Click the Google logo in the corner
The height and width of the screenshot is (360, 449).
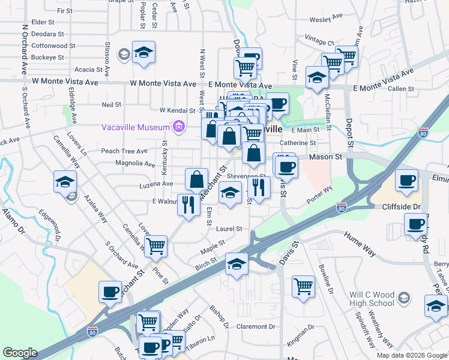pyautogui.click(x=20, y=353)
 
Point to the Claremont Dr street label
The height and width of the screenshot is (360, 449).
pyautogui.click(x=255, y=327)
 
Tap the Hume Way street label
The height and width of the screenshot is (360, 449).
pyautogui.click(x=360, y=244)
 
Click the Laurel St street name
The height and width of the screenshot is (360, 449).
pyautogui.click(x=229, y=229)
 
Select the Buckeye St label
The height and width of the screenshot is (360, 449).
pyautogui.click(x=48, y=57)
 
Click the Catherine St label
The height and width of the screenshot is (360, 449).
pyautogui.click(x=298, y=143)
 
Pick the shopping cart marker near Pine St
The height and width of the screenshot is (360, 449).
pyautogui.click(x=155, y=245)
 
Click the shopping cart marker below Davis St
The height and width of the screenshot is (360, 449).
pyautogui.click(x=304, y=286)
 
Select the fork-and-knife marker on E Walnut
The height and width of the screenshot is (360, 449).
pyautogui.click(x=188, y=205)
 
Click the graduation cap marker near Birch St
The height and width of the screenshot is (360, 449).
pyautogui.click(x=237, y=264)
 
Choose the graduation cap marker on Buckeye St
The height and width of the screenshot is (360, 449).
pyautogui.click(x=143, y=53)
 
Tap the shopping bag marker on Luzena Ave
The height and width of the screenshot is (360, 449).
pyautogui.click(x=196, y=179)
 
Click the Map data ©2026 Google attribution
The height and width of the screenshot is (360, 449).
pyautogui.click(x=412, y=355)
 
